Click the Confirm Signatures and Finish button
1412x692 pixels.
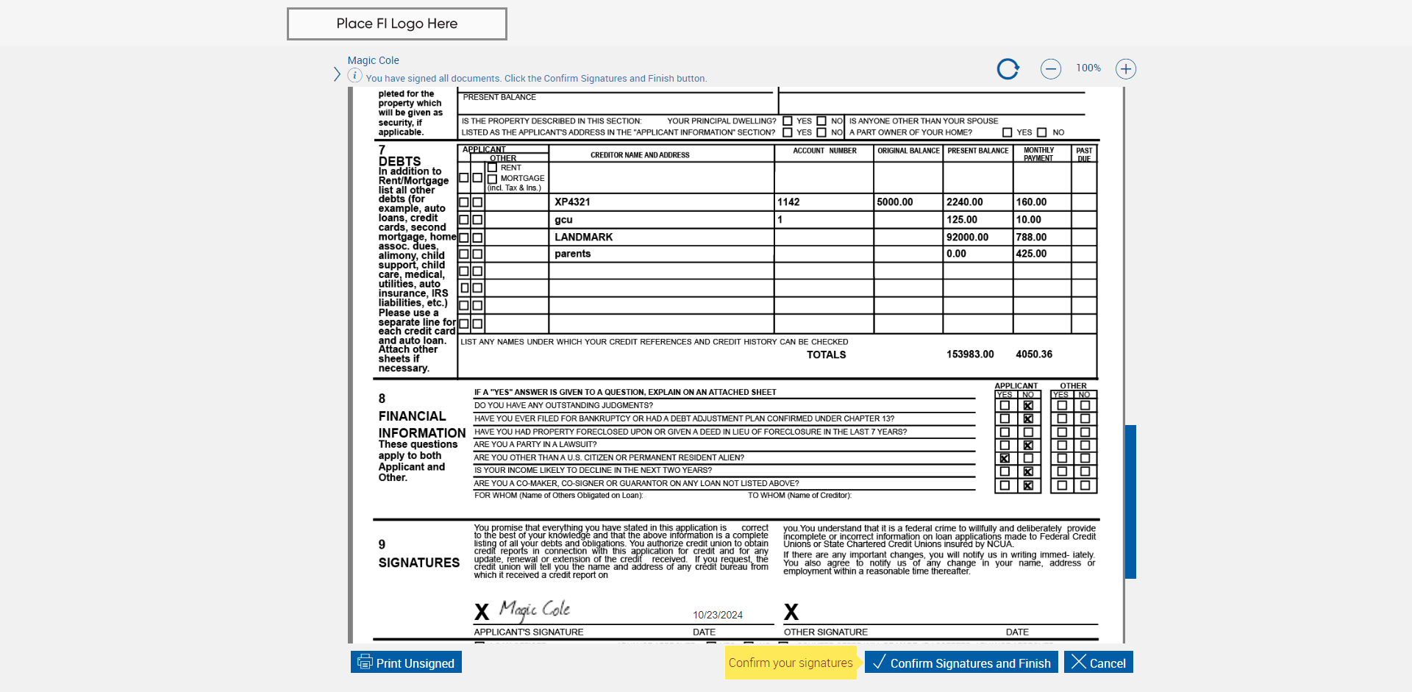coord(961,663)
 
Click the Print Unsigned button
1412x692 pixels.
coord(406,663)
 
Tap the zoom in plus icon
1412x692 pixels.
coord(1125,69)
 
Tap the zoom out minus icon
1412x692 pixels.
coord(1050,69)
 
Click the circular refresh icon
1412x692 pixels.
coord(1008,69)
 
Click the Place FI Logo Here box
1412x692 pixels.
coord(396,24)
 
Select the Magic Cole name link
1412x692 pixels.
coord(373,60)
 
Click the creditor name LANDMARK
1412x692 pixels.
coord(583,237)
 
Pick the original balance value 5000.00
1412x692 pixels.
coord(894,202)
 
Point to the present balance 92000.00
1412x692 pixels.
coord(967,237)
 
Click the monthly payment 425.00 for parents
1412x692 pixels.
coord(1031,254)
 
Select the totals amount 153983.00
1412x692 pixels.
coord(969,354)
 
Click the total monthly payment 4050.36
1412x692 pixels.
coord(1033,354)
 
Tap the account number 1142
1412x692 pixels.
coord(788,202)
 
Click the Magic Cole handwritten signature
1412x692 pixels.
coord(535,610)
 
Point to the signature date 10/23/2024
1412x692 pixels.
coord(717,615)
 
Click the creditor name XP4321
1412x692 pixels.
coord(572,202)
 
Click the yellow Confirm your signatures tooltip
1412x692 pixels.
coord(791,663)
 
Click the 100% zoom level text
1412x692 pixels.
coord(1088,68)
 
